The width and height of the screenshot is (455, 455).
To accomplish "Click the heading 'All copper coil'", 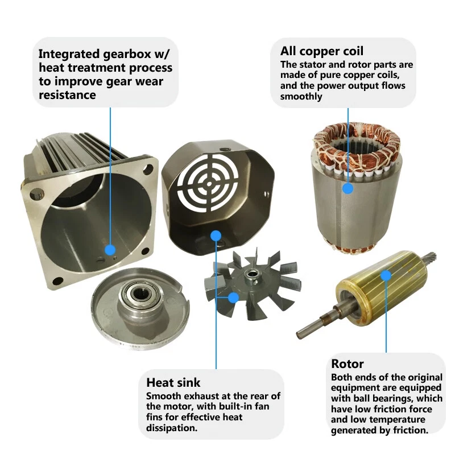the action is (321, 51).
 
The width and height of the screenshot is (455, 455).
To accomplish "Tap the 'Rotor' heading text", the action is (347, 363).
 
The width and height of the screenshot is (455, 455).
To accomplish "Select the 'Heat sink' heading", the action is (173, 382).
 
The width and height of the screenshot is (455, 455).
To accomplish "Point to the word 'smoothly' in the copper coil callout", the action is (301, 96).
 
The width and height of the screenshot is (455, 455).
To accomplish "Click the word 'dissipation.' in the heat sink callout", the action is (172, 428).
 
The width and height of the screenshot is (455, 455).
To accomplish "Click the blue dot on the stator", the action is (348, 189).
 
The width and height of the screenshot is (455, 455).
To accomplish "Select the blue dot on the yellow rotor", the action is (386, 275).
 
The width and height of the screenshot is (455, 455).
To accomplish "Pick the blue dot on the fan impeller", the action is (233, 297).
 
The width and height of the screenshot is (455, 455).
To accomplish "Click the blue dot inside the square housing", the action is (110, 250).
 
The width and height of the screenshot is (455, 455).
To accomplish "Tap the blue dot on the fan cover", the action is (216, 235).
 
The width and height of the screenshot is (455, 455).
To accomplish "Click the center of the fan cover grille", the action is (209, 183).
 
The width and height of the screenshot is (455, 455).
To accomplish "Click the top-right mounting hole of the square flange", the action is (148, 168).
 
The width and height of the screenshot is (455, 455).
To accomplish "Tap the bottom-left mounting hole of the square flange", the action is (58, 280).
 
